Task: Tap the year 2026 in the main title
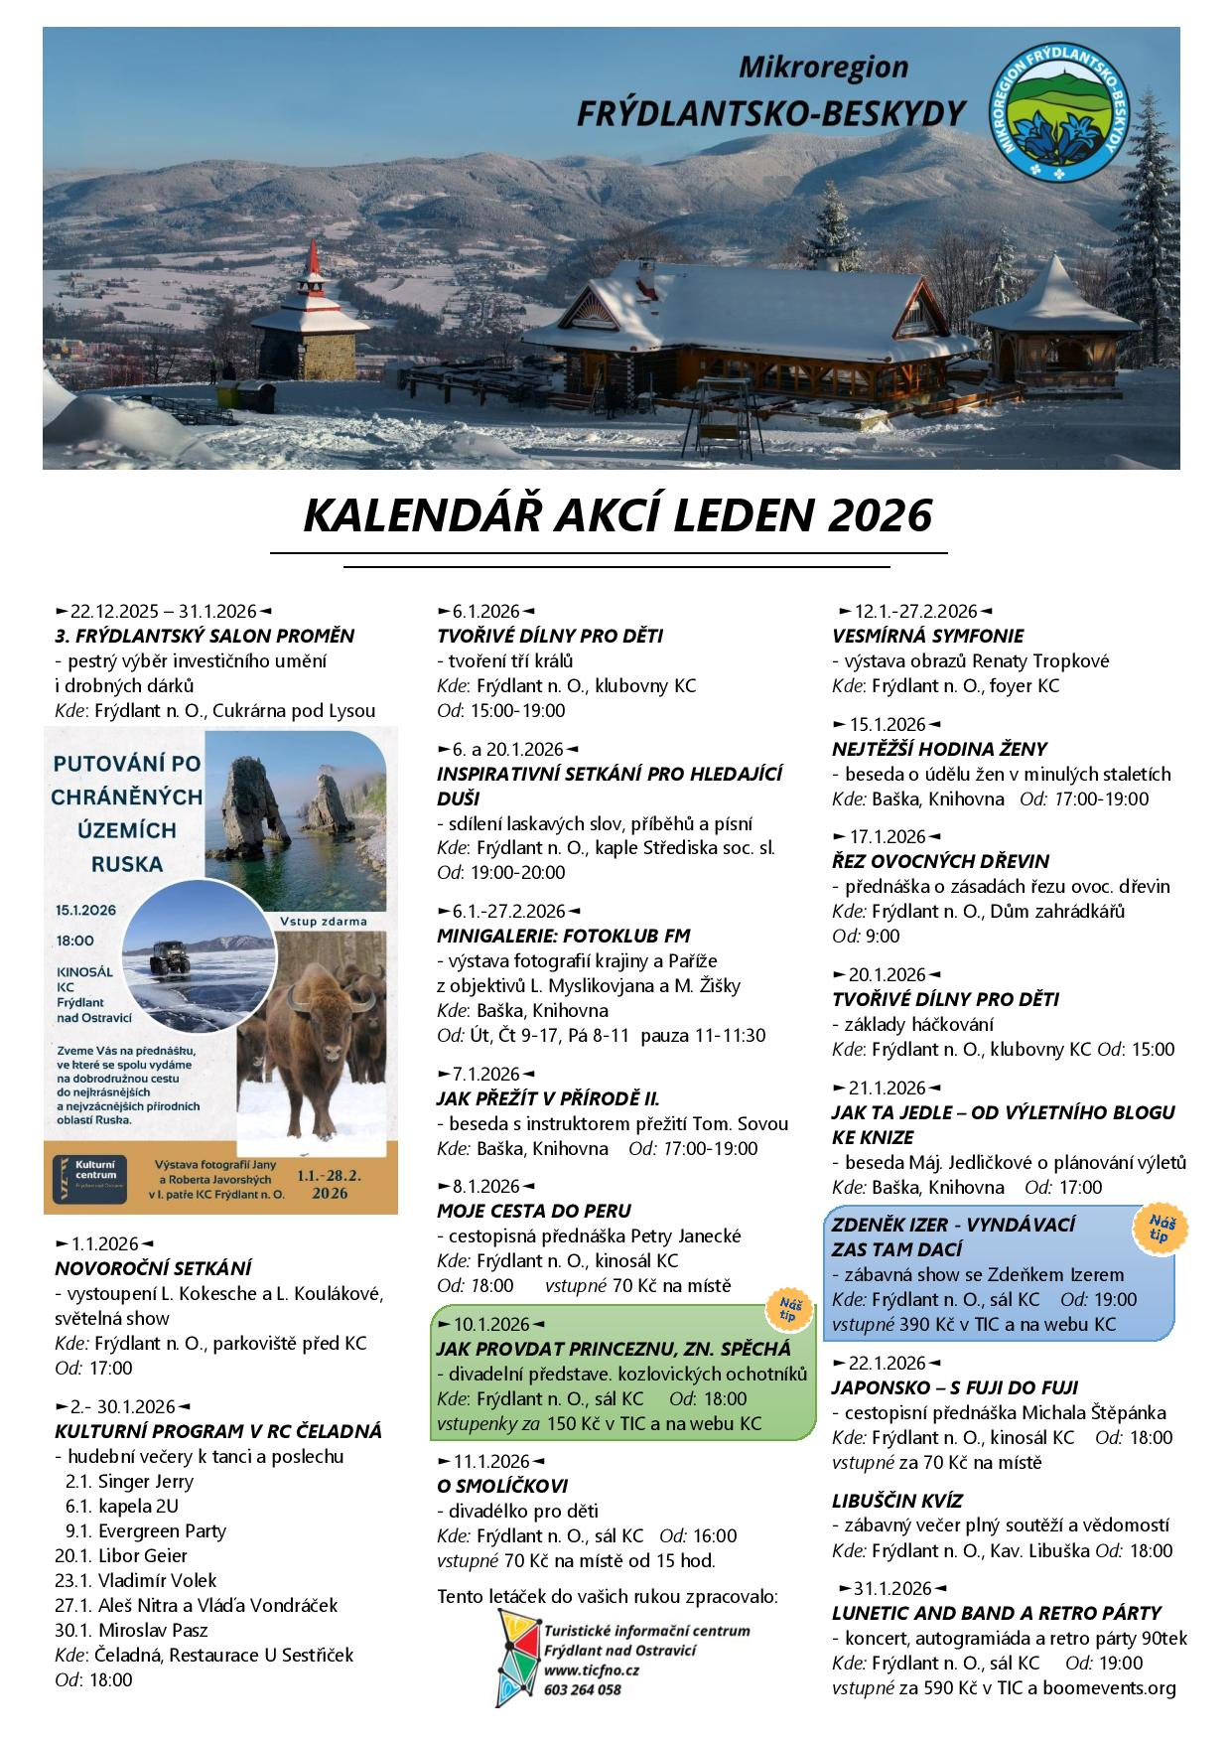879,516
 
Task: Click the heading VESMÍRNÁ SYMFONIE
927,636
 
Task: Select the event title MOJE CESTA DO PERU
533,1211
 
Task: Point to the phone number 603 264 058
583,1688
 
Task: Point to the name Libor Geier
142,1555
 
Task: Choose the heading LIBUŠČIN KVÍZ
896,1501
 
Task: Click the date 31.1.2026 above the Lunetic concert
891,1587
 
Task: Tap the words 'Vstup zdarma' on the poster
324,921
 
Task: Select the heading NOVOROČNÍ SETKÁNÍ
153,1268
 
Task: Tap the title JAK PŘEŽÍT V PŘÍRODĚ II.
548,1098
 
